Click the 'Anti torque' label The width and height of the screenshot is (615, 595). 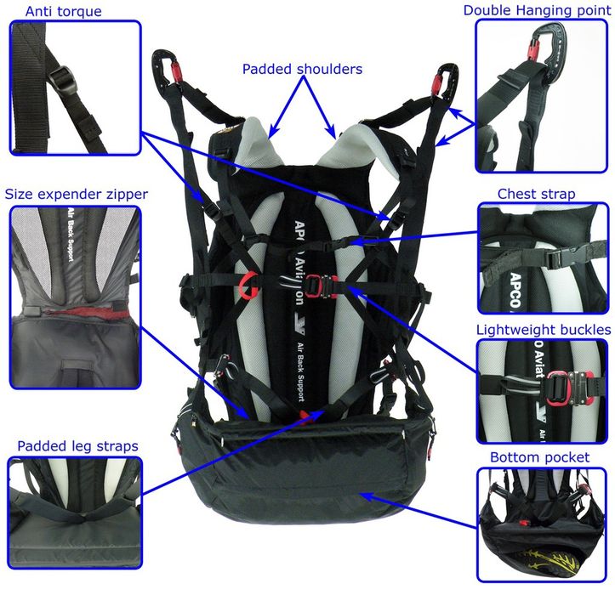(63, 11)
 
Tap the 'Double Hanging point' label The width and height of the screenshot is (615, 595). (537, 10)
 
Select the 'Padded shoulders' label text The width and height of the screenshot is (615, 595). (302, 69)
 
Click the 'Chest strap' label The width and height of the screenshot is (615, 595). (536, 194)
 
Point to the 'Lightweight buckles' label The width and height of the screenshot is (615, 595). (544, 330)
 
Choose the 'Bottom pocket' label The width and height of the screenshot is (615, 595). (539, 457)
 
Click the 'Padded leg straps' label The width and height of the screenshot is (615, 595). (77, 446)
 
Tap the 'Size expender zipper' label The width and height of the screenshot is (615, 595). (76, 194)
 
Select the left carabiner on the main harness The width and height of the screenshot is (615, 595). (168, 66)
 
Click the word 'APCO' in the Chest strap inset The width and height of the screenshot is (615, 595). (515, 290)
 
